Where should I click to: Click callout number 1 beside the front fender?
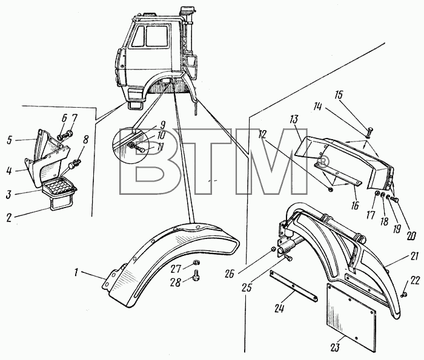pos(76,272)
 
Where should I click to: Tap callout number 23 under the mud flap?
pos(334,347)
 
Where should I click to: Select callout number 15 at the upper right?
pos(339,95)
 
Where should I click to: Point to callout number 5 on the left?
pos(10,140)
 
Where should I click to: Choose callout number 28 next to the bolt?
pos(175,283)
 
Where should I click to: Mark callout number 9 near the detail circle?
pos(162,125)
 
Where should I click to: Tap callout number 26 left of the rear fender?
pos(230,274)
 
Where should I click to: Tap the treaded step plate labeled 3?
pos(59,186)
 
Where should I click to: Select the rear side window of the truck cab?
pos(156,36)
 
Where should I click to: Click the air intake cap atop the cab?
pos(188,11)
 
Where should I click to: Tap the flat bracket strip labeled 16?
pos(337,174)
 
